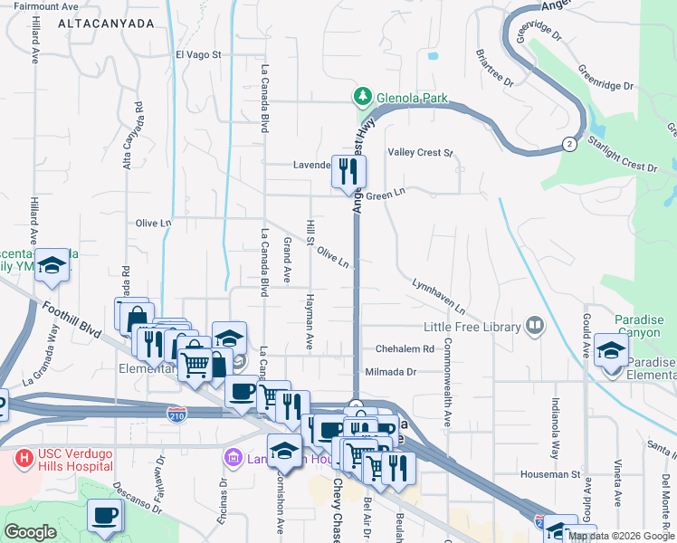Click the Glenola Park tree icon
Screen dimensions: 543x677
coord(362,96)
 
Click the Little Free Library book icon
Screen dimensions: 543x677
coord(535,326)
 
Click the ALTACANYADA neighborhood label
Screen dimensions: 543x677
coord(106,24)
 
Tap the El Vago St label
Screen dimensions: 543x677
coord(198,54)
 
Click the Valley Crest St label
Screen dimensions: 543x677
coord(419,153)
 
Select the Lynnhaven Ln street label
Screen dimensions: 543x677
coord(438,296)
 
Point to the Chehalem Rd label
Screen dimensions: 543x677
coord(399,348)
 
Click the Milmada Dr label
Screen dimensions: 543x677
coord(390,371)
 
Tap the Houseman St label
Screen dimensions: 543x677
coord(549,473)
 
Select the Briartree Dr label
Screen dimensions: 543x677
coord(494,68)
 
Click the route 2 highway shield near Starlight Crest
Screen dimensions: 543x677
coord(568,143)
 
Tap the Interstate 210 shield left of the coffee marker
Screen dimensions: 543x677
coord(177,414)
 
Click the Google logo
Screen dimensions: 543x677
coord(30,532)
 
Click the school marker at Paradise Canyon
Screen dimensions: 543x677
coord(612,348)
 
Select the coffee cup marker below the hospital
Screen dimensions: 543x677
coord(104,515)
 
